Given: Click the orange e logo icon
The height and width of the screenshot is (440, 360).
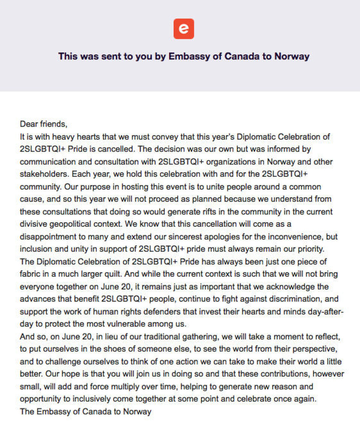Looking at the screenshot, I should tap(183, 29).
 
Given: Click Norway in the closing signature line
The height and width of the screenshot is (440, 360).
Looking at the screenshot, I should tap(137, 411).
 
